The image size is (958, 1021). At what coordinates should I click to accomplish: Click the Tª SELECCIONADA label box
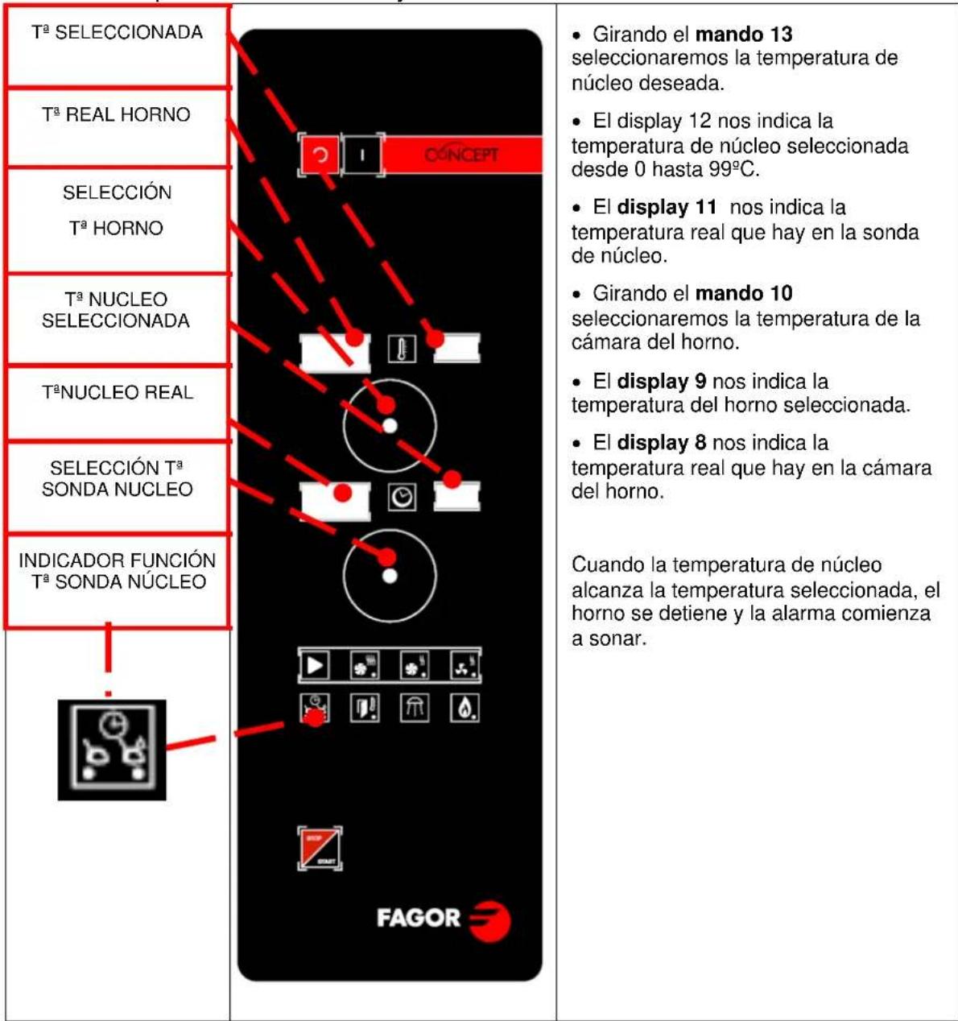pos(118,34)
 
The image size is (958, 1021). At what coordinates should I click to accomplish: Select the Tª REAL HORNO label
pos(117,115)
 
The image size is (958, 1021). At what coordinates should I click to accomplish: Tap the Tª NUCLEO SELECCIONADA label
pos(117,310)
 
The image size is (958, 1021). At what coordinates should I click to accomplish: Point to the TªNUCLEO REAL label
pos(118,393)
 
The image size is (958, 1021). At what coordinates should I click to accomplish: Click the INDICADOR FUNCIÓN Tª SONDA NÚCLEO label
pos(118,571)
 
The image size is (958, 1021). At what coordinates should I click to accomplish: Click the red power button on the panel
pos(320,155)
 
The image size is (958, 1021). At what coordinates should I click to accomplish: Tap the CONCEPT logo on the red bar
pos(461,155)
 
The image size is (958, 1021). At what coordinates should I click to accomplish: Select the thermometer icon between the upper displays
pos(402,350)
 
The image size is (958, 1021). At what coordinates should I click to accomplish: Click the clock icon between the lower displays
pos(402,498)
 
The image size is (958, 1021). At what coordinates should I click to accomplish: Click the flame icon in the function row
pos(465,709)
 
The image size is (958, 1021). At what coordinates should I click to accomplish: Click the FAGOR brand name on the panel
pos(419,918)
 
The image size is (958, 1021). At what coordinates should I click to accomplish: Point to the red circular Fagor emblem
pos(489,920)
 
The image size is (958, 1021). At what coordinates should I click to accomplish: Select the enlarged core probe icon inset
pos(112,750)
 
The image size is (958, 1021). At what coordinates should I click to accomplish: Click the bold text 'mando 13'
pos(744,35)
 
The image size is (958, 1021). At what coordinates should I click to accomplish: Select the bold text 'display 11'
pos(667,208)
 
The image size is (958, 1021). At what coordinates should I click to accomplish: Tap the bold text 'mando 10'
pos(744,293)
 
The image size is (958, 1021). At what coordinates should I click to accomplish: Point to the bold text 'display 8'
pos(662,443)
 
